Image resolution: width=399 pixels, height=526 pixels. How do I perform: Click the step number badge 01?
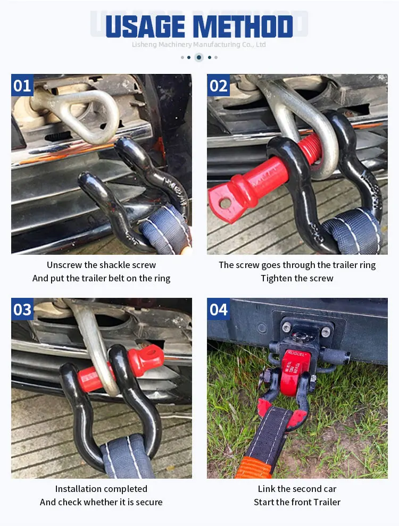click(22, 85)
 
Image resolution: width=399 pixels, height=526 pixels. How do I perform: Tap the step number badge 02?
click(218, 85)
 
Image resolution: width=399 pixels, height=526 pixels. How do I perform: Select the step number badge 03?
click(22, 309)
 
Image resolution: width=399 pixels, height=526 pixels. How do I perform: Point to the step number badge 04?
click(218, 309)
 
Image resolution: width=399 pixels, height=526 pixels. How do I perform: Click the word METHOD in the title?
click(243, 27)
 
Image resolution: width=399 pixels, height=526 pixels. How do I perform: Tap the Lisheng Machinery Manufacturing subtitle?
click(199, 45)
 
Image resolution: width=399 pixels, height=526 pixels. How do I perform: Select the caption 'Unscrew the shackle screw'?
click(101, 265)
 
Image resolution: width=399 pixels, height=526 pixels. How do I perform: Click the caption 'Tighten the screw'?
click(297, 278)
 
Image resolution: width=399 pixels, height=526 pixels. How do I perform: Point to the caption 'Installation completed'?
click(101, 489)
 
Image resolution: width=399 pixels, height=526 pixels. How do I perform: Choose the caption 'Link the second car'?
click(297, 489)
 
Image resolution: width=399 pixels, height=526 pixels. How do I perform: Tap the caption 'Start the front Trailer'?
click(297, 502)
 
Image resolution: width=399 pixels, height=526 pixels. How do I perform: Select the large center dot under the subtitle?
click(199, 57)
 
